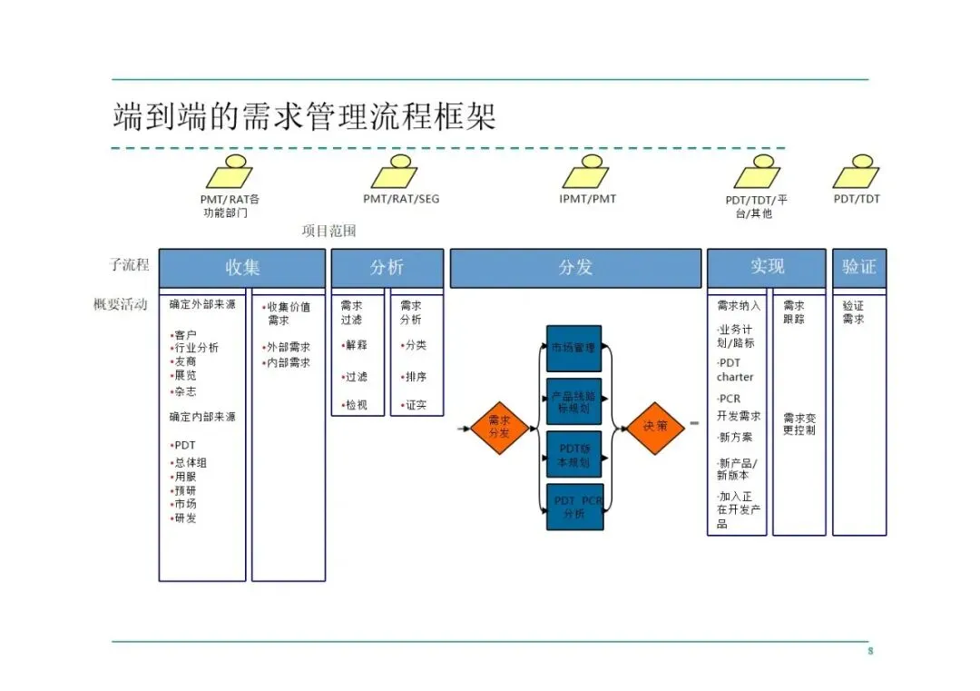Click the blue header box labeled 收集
pyautogui.click(x=242, y=268)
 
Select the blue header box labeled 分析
pyautogui.click(x=387, y=268)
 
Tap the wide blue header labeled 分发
pyautogui.click(x=575, y=268)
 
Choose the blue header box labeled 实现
pyautogui.click(x=767, y=268)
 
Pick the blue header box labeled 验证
pyautogui.click(x=859, y=268)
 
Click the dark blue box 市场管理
pyautogui.click(x=574, y=349)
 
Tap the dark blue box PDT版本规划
pyautogui.click(x=574, y=455)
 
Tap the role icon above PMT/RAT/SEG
pyautogui.click(x=396, y=173)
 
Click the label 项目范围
pyautogui.click(x=329, y=232)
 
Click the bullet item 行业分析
pyautogui.click(x=196, y=348)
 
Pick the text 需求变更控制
pyautogui.click(x=799, y=424)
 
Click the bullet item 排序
pyautogui.click(x=415, y=377)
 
